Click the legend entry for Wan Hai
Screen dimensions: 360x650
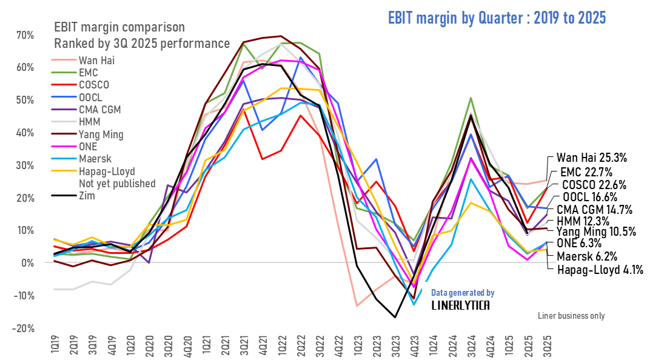pos(96,60)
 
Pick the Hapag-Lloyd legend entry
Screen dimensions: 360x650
pos(107,172)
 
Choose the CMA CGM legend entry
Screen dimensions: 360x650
pos(101,110)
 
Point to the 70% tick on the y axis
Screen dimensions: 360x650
pos(25,35)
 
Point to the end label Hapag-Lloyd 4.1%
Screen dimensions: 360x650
pos(600,270)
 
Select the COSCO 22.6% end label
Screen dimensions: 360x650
pos(594,185)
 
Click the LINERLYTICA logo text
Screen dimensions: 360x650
pos(462,305)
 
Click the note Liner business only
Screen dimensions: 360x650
pos(571,316)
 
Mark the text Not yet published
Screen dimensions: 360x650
pos(117,184)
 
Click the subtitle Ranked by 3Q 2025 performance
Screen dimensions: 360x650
pos(142,44)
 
